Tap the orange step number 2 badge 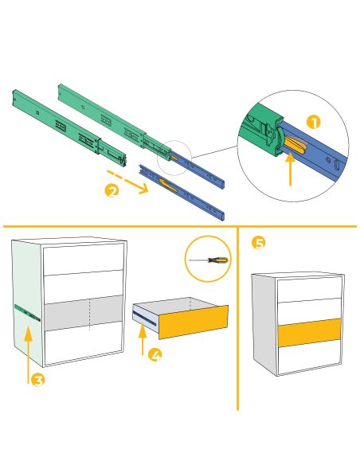[112, 190]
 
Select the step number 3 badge [37, 380]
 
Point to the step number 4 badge [156, 355]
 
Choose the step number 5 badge [258, 243]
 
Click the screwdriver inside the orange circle [209, 260]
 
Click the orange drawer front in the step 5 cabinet [309, 332]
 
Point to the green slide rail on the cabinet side [27, 313]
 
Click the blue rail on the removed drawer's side [144, 316]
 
